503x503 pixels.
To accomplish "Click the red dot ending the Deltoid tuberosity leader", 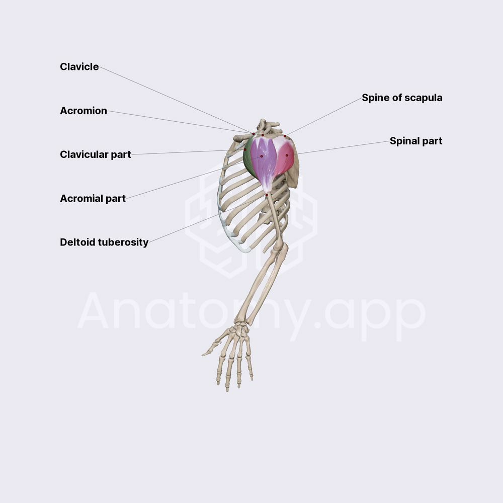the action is [x=267, y=195].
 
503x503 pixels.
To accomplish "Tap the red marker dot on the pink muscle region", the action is [x=287, y=155].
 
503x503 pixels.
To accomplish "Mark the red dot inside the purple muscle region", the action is [x=262, y=156].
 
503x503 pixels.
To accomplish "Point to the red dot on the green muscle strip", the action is [x=245, y=149].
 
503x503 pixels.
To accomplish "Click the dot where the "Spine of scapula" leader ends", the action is [x=285, y=136].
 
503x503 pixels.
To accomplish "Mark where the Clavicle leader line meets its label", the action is [x=100, y=67].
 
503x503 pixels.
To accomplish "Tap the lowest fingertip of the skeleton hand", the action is [x=227, y=390].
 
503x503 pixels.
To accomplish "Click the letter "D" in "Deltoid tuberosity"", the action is [x=63, y=242].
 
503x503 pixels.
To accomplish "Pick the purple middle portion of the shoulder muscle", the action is [x=264, y=160].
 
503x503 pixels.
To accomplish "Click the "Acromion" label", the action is [x=83, y=111].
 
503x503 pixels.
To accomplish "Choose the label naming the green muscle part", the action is [x=95, y=154].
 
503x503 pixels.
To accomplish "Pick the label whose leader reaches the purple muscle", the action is [x=93, y=199].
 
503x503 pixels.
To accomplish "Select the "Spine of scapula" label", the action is [x=402, y=98].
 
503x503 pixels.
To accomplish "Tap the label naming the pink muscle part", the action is [x=416, y=141].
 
